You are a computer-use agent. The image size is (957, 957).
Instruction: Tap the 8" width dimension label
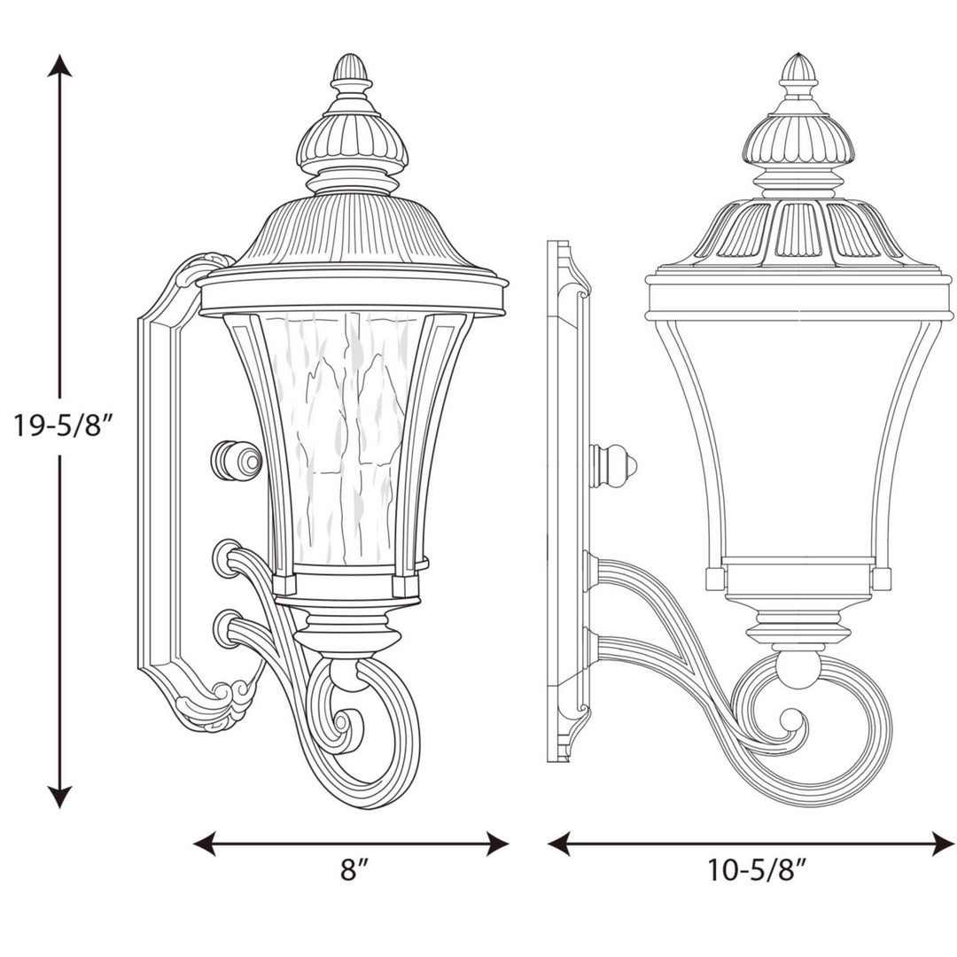pyautogui.click(x=353, y=870)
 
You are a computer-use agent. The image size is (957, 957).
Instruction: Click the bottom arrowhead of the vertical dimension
pyautogui.click(x=59, y=797)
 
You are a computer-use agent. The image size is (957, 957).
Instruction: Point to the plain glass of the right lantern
pyautogui.click(x=797, y=434)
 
